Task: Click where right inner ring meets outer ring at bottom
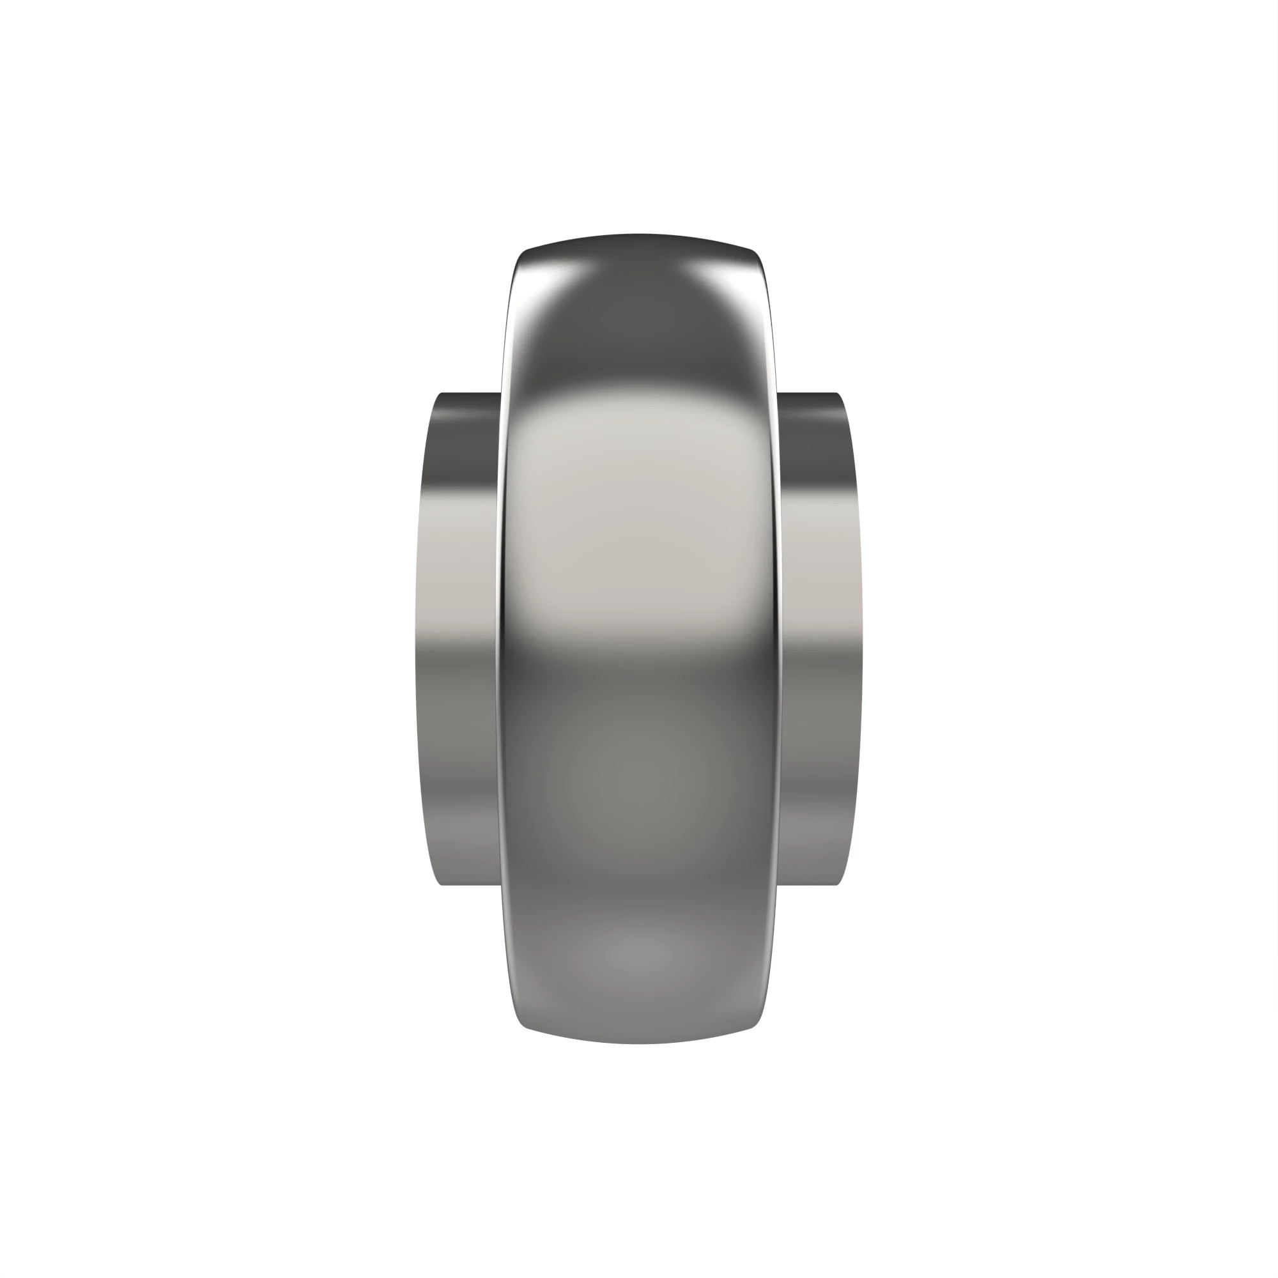click(x=781, y=882)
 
